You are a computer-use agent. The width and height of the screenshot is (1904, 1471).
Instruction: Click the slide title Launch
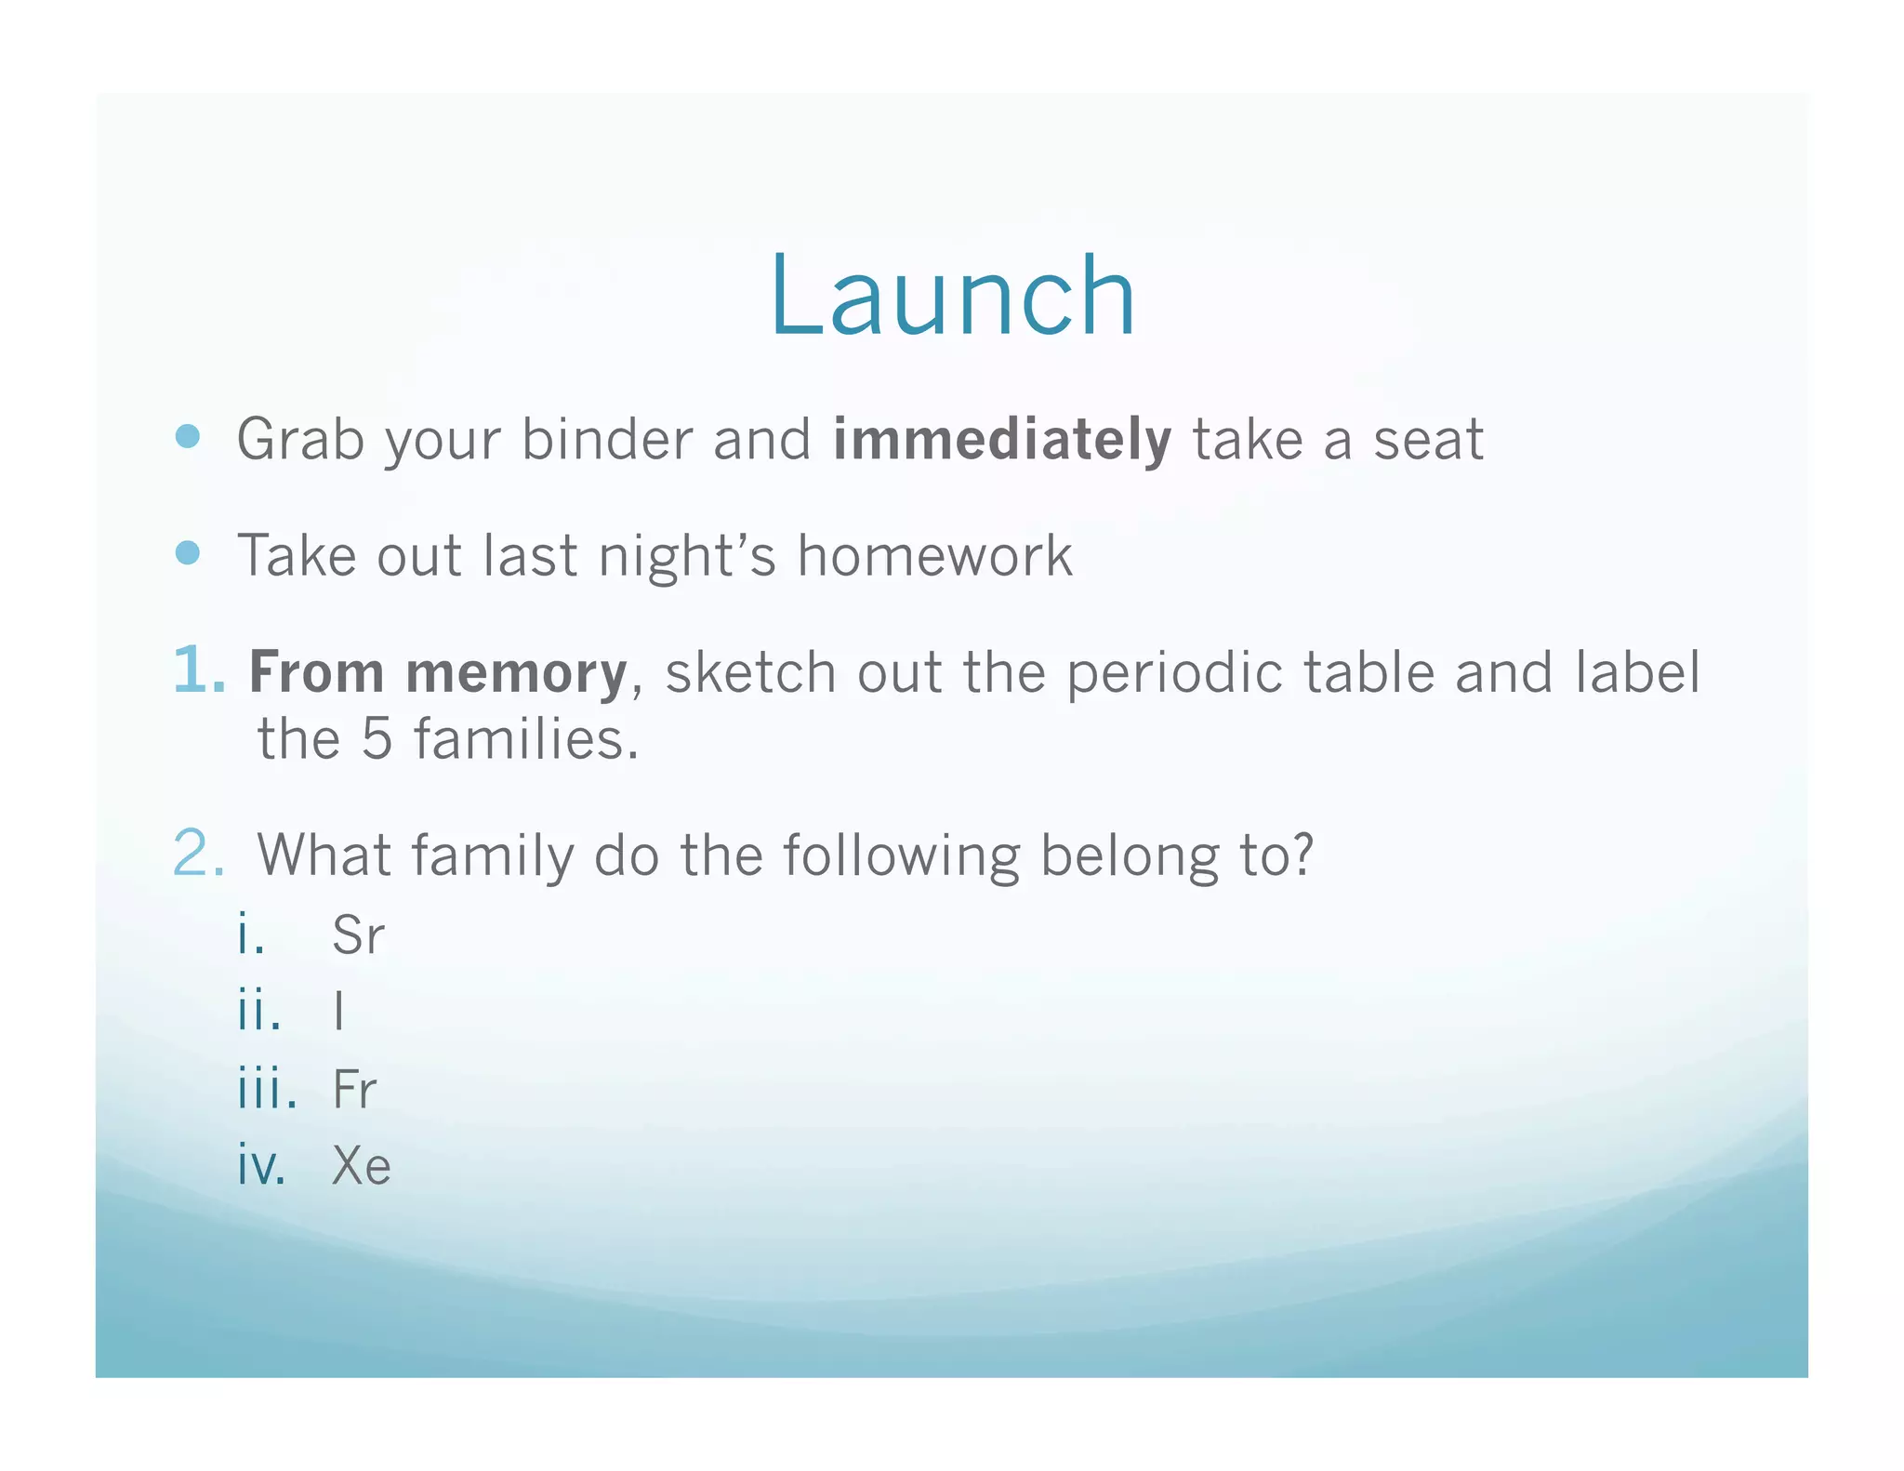pos(952,297)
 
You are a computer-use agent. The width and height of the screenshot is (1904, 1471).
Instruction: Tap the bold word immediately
pos(1001,440)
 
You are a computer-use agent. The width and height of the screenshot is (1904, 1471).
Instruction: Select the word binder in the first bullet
pos(606,440)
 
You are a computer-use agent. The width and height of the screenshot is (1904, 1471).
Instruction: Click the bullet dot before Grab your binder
pos(188,436)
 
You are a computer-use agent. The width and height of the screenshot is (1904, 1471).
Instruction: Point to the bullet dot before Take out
pos(188,553)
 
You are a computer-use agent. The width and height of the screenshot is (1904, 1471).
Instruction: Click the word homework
pos(934,556)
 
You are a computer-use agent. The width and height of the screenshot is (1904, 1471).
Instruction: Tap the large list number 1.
pos(199,670)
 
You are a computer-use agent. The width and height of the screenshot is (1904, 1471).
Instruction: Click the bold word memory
pos(516,673)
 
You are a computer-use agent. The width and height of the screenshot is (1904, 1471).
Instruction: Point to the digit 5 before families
pos(377,740)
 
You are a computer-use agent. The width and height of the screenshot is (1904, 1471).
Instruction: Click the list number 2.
pos(199,854)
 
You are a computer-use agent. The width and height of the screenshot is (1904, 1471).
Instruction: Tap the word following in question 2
pos(901,856)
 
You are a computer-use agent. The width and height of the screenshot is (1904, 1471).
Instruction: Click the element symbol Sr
pos(358,935)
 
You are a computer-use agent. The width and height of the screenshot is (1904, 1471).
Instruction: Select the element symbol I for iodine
pos(339,1012)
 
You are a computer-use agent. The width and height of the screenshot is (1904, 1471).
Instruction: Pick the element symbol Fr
pos(354,1089)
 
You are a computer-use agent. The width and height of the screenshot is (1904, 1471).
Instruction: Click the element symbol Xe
pos(361,1166)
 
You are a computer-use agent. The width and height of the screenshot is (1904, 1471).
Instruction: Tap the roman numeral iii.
pos(267,1089)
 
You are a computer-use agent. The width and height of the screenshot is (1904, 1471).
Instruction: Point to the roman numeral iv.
pos(261,1166)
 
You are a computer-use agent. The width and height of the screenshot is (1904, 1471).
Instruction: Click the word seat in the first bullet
pos(1428,440)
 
